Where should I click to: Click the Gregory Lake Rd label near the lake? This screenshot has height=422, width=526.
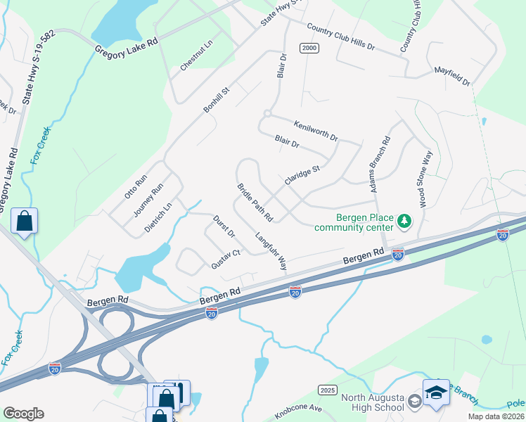pyautogui.click(x=127, y=47)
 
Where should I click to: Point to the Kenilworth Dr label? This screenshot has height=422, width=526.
pyautogui.click(x=316, y=129)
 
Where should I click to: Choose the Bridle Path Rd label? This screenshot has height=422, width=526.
pyautogui.click(x=255, y=201)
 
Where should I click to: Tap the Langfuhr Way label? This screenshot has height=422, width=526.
pyautogui.click(x=271, y=252)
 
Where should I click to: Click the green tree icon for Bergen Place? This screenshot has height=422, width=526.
pyautogui.click(x=404, y=222)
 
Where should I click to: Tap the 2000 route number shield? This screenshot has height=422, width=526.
pyautogui.click(x=308, y=48)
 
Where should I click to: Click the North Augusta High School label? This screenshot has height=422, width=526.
pyautogui.click(x=373, y=402)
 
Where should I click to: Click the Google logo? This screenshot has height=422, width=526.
pyautogui.click(x=23, y=414)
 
